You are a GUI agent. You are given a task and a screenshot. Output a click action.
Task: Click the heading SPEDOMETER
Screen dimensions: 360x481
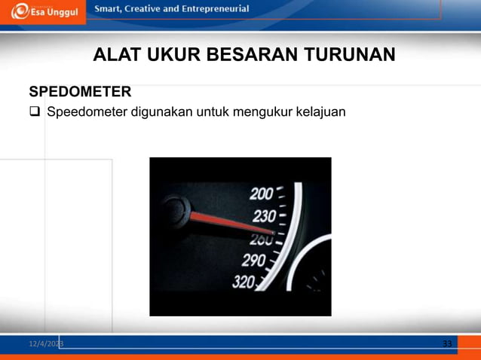(80, 92)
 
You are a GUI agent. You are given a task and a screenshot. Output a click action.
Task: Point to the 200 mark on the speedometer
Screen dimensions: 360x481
(262, 194)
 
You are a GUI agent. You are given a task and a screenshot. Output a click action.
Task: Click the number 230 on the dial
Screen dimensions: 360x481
(264, 216)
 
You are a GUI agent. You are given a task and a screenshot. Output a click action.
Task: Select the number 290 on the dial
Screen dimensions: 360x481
(253, 261)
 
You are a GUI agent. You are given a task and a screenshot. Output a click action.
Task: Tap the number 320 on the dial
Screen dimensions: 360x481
(244, 282)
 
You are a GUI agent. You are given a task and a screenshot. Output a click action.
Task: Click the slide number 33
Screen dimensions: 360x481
(447, 344)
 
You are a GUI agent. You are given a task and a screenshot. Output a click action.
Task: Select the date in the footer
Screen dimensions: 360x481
(46, 344)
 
